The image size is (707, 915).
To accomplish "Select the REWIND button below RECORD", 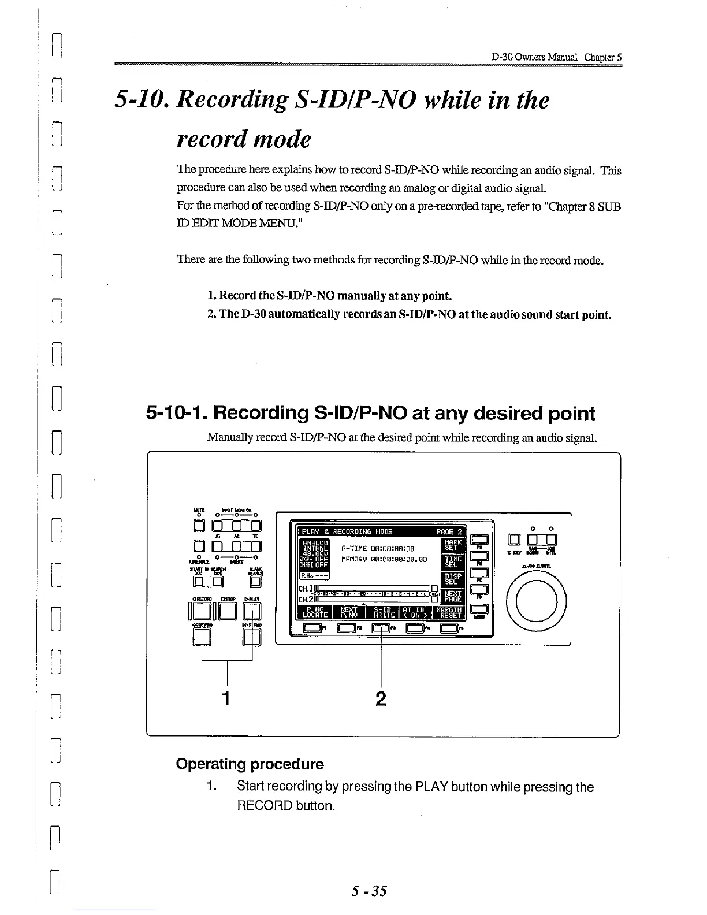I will point(202,637).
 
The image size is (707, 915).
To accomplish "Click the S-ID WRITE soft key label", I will point(384,611).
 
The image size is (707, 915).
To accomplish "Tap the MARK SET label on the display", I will point(451,544).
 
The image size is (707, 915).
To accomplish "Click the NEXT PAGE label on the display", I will point(452,596).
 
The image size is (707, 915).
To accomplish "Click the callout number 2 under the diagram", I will point(380,698).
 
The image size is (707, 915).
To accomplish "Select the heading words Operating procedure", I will point(250,764).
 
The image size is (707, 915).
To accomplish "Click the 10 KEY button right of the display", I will point(513,541).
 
